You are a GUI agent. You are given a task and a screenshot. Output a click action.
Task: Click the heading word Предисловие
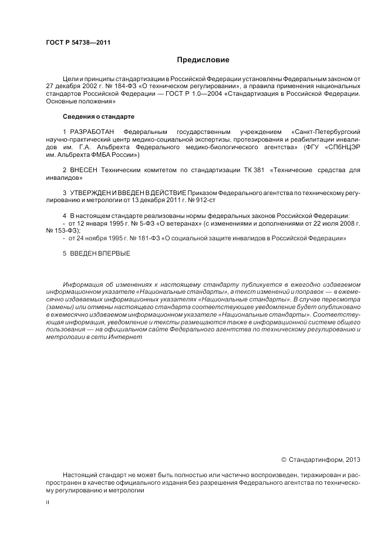(x=203, y=60)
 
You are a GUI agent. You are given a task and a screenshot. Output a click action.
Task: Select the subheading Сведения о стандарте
(x=90, y=116)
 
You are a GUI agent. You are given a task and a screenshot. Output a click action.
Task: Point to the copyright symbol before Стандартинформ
(x=284, y=460)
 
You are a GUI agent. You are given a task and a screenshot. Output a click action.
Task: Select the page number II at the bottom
(x=48, y=503)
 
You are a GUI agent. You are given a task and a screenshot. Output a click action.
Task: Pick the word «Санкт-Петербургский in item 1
(x=325, y=130)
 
